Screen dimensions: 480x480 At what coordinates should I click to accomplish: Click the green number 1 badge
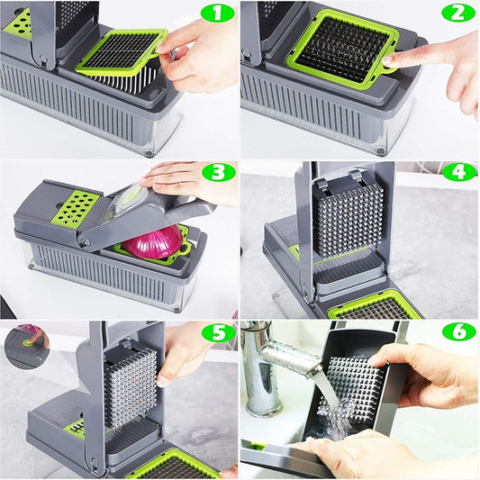pyautogui.click(x=216, y=13)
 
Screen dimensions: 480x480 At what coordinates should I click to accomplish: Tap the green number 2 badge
pyautogui.click(x=458, y=13)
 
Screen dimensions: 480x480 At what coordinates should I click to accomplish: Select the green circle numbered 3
pyautogui.click(x=216, y=173)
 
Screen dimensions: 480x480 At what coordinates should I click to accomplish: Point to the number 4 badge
pyautogui.click(x=458, y=171)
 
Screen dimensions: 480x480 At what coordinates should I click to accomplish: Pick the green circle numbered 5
pyautogui.click(x=216, y=332)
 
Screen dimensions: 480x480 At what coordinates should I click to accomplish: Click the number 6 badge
pyautogui.click(x=458, y=331)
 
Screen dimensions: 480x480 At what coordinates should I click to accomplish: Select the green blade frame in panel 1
pyautogui.click(x=122, y=51)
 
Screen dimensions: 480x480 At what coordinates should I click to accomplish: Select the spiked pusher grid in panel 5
pyautogui.click(x=131, y=386)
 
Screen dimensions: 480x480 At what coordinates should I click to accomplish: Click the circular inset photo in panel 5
pyautogui.click(x=26, y=346)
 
